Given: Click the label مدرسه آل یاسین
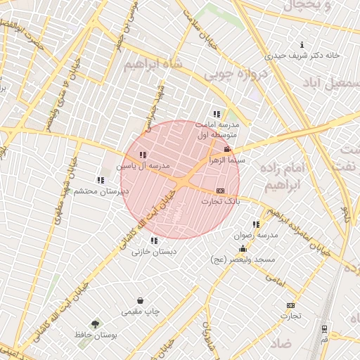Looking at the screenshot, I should click(x=145, y=165).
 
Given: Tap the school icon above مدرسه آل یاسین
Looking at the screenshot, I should click(x=143, y=155).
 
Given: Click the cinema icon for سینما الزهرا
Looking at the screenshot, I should click(x=226, y=149).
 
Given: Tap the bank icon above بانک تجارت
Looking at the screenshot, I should click(x=221, y=191).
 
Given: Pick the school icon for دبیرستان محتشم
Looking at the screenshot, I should click(x=101, y=181).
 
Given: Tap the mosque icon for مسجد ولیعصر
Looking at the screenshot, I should click(x=243, y=249).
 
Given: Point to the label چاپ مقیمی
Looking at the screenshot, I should click(x=141, y=311).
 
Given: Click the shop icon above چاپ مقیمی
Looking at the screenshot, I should click(x=141, y=300).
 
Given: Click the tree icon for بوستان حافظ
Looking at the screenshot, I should click(x=96, y=324).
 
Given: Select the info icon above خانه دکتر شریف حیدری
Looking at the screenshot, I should click(x=302, y=44).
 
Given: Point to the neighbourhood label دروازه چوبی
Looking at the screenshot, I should click(x=247, y=74).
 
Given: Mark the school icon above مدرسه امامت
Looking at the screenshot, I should click(x=217, y=114).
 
